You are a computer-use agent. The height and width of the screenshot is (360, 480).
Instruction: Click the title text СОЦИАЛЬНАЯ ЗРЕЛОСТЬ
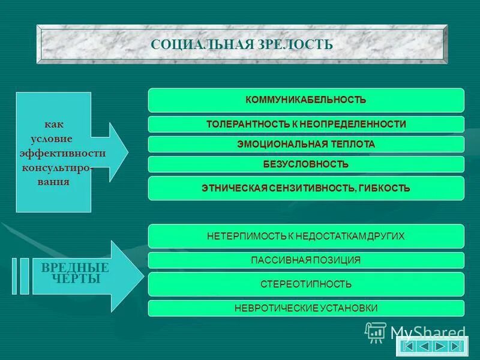click(241, 44)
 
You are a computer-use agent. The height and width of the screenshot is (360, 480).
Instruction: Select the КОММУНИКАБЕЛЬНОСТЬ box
click(306, 100)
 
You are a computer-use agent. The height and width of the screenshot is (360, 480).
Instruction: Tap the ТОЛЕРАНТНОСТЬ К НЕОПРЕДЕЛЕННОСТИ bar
click(306, 124)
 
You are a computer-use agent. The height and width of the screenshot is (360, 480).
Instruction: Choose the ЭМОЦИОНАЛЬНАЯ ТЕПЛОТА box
click(306, 145)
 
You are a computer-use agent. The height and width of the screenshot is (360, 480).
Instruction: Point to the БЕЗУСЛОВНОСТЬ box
click(306, 164)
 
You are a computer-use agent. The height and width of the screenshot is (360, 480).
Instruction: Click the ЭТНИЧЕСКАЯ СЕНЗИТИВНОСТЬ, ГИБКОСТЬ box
click(306, 188)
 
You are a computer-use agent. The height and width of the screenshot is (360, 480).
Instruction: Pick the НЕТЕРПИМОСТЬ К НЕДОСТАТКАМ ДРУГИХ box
click(306, 236)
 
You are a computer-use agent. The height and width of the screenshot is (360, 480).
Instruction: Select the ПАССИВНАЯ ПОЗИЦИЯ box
click(306, 260)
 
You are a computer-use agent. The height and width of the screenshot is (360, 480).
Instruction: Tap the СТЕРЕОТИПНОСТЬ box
click(306, 284)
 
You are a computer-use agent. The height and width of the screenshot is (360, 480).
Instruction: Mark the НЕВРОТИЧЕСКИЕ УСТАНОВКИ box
click(306, 308)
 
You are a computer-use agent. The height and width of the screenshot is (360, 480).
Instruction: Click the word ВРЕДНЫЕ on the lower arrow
click(75, 268)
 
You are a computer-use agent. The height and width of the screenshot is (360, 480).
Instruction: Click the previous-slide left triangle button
click(424, 346)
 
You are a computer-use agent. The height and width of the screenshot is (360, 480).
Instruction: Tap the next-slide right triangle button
click(440, 346)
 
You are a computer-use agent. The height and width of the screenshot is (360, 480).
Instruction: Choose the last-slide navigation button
click(457, 346)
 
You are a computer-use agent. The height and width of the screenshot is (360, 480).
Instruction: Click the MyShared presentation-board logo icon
click(376, 332)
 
